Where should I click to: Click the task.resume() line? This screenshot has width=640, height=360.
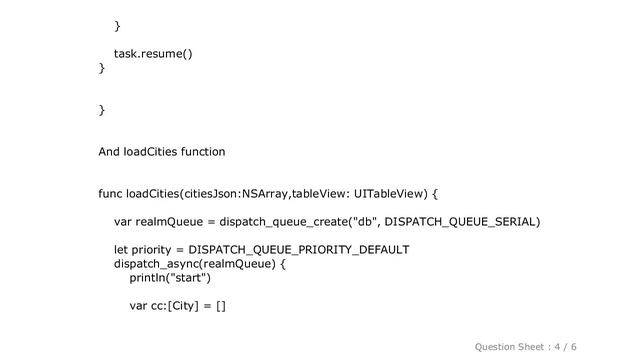click(x=153, y=53)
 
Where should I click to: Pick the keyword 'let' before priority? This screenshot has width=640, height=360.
click(x=122, y=249)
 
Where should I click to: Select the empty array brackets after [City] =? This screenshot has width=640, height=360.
click(x=220, y=306)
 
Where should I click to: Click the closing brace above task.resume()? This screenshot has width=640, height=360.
click(x=117, y=24)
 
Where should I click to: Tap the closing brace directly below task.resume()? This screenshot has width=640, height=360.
click(x=101, y=68)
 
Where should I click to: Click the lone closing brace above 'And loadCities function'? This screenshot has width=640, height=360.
click(x=101, y=109)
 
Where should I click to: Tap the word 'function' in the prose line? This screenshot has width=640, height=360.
click(x=201, y=152)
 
